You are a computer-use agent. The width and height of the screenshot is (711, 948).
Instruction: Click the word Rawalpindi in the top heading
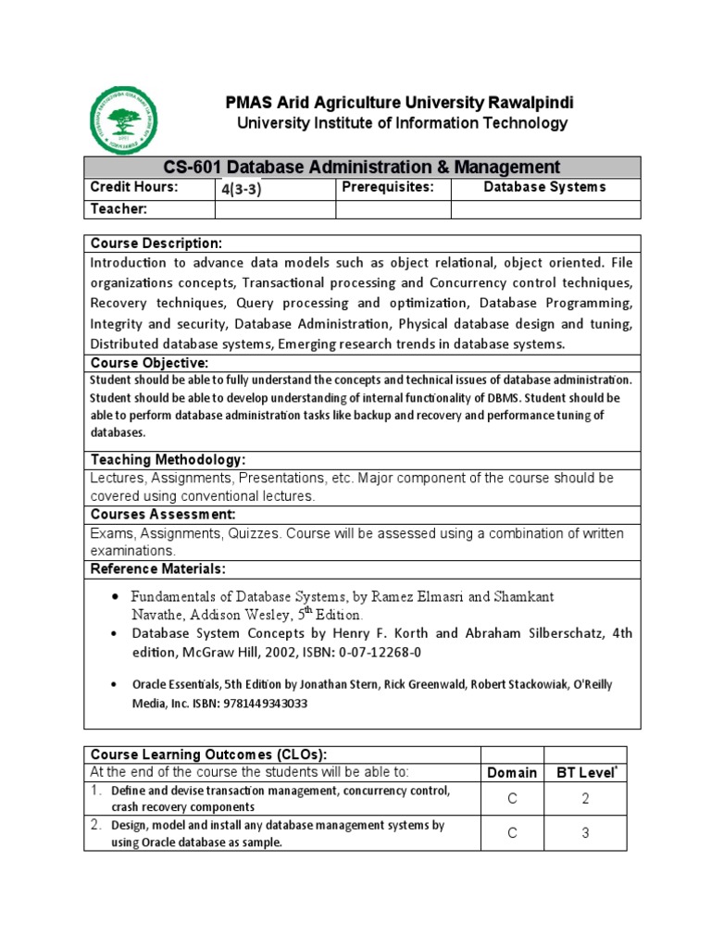pos(521,102)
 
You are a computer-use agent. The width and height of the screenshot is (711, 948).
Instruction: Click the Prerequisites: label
pos(388,188)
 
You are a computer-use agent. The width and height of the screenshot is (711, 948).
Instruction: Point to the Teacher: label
pos(118,209)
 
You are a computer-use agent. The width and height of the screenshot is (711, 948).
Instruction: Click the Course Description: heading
pos(156,243)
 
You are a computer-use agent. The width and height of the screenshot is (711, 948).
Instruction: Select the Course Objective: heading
pos(149,362)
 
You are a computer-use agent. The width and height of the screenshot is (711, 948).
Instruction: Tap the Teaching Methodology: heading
pos(168,460)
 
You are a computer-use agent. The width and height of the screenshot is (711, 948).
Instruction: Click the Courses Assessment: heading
pos(163,514)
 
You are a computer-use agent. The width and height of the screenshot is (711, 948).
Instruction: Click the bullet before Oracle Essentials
pos(114,685)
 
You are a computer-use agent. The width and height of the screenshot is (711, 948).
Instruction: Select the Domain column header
pos(512,772)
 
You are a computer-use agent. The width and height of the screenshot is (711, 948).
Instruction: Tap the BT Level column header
pos(585,772)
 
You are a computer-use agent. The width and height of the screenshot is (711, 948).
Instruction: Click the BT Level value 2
pos(585,799)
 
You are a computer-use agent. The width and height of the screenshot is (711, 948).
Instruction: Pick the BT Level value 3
pos(585,833)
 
